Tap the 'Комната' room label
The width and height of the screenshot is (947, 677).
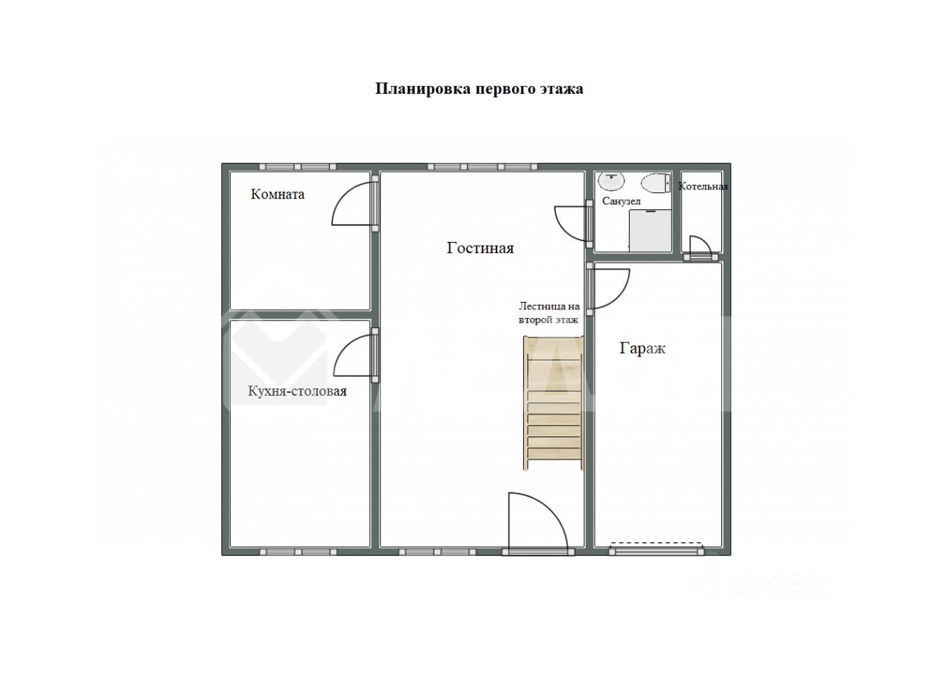pyautogui.click(x=277, y=194)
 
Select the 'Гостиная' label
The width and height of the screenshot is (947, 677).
pyautogui.click(x=480, y=248)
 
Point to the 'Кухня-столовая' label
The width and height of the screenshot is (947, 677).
pyautogui.click(x=297, y=391)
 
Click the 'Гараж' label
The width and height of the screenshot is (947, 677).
pyautogui.click(x=642, y=348)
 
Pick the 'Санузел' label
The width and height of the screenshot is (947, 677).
pyautogui.click(x=621, y=201)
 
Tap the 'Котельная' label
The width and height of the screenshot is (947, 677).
pyautogui.click(x=703, y=186)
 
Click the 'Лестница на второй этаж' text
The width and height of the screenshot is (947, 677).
pyautogui.click(x=549, y=313)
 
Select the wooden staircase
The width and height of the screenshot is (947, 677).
pyautogui.click(x=553, y=403)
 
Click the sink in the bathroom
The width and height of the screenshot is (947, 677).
pyautogui.click(x=611, y=181)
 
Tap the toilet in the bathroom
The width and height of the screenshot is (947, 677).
pyautogui.click(x=656, y=183)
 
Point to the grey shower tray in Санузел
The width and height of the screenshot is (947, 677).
pyautogui.click(x=650, y=230)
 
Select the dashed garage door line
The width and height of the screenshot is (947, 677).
pyautogui.click(x=657, y=543)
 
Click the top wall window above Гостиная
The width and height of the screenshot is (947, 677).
pyautogui.click(x=482, y=166)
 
